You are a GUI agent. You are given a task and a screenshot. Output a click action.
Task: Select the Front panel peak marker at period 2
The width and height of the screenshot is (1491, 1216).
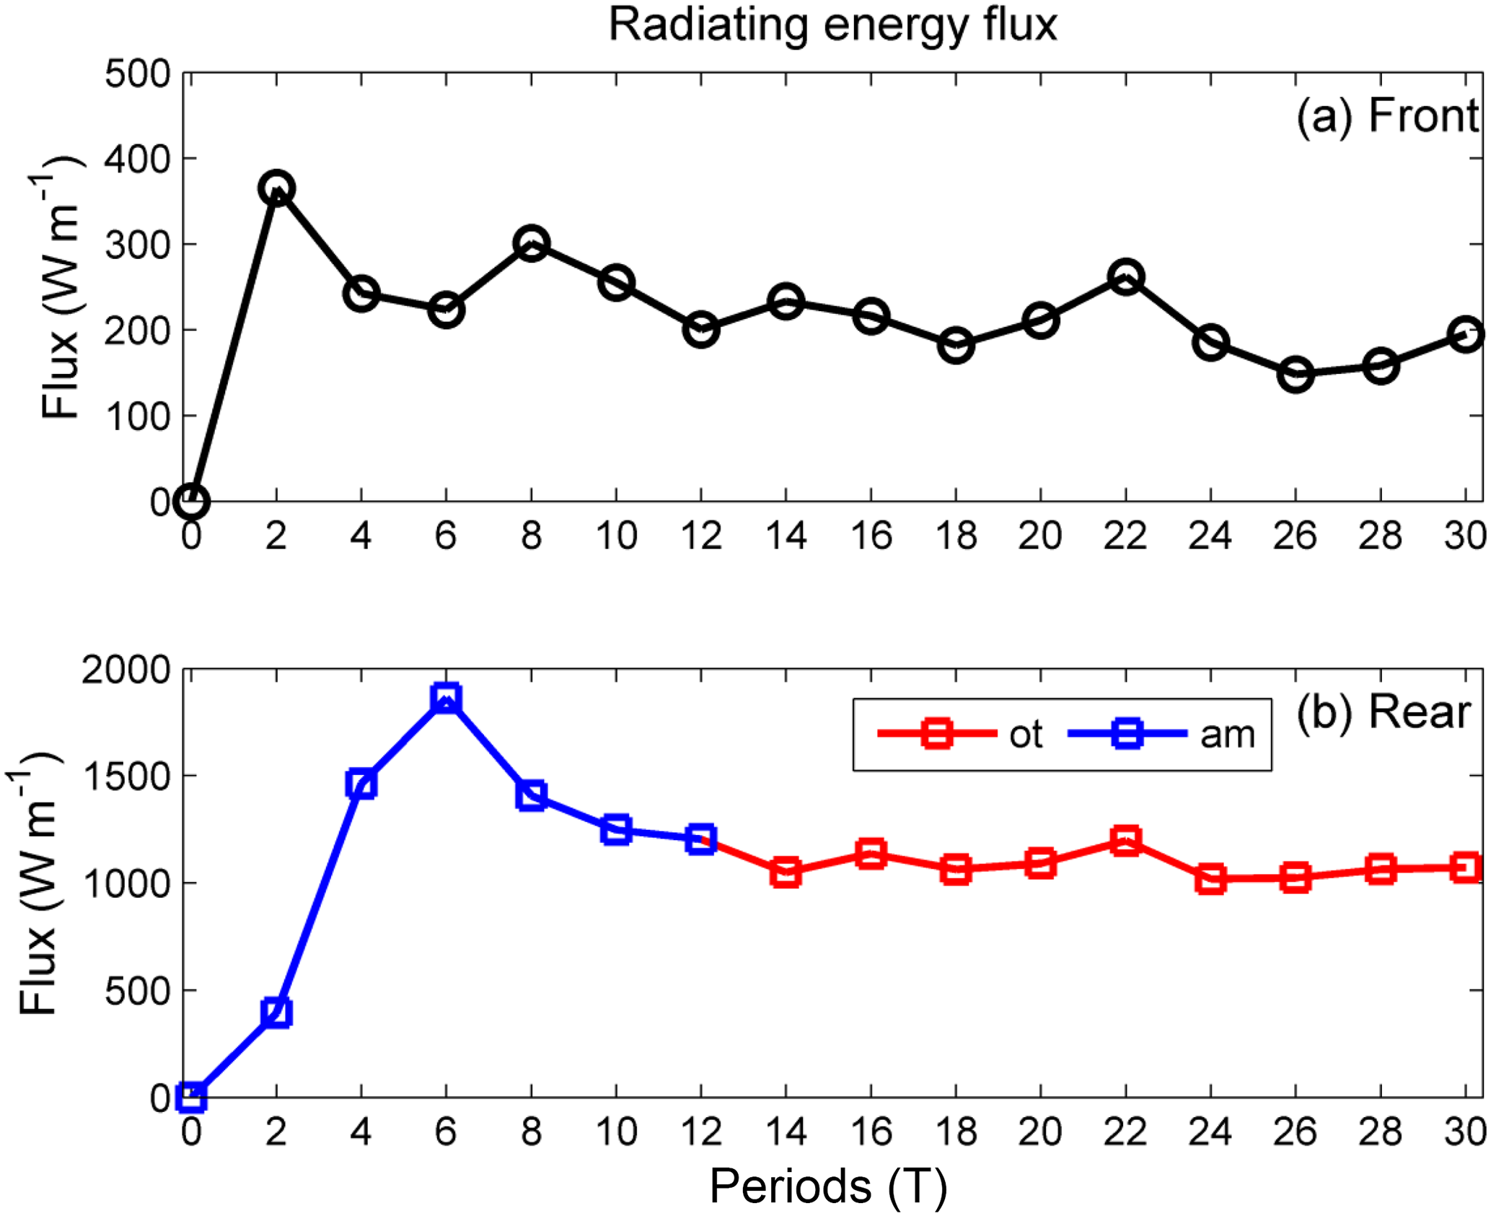coord(276,188)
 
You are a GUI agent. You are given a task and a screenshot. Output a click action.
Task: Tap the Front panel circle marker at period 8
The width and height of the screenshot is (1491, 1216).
coord(532,243)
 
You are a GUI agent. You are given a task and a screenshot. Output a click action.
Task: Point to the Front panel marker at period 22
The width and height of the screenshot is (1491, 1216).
coord(1125,277)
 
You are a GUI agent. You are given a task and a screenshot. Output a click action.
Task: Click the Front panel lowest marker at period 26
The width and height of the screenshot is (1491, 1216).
coord(1296,375)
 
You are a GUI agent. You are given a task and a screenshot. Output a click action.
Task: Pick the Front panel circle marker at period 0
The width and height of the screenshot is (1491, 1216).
coord(191,501)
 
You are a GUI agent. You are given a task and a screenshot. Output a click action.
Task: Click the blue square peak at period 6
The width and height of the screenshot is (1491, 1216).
coord(447,698)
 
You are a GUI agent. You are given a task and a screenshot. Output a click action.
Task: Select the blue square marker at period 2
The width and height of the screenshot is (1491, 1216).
coord(276,1012)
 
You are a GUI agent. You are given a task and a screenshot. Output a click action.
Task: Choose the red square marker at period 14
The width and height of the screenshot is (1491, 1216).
coord(786,872)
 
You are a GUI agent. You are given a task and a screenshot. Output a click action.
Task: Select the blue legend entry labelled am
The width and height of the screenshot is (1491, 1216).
coord(1161,735)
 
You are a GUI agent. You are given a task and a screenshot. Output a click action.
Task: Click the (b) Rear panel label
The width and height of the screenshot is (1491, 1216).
coord(1382,713)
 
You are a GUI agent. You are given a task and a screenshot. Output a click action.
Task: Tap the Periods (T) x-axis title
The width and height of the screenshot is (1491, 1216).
coord(827,1186)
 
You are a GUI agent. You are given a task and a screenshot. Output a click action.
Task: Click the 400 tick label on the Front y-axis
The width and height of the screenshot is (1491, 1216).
coord(137,159)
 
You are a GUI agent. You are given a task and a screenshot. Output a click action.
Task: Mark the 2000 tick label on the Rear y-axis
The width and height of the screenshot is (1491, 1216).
coord(126,670)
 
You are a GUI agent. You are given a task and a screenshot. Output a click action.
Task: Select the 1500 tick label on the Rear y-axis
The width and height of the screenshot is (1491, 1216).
coord(126,777)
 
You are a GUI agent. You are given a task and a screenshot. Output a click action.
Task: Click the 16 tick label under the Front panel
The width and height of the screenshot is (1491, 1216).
coord(871,536)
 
